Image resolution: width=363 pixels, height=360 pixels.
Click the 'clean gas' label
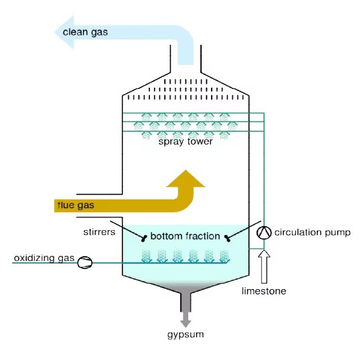85,32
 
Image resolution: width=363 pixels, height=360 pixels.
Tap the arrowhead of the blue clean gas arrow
64,32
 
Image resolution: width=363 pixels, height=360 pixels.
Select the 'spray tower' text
186,141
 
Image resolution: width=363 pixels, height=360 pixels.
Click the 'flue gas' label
76,205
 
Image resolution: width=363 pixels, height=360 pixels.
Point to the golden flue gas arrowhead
186,179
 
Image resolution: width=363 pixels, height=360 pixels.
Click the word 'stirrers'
99,232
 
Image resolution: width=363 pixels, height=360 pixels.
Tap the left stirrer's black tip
144,238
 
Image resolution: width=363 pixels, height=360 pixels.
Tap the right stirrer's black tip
227,238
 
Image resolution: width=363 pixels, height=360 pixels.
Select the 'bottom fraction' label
186,236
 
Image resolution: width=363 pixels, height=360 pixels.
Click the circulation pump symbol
264,232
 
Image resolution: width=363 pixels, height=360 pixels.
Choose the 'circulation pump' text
312,232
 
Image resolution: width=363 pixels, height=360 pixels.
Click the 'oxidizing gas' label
44,258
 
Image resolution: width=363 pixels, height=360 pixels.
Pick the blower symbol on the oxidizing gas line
85,262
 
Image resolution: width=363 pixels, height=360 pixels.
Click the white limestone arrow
264,267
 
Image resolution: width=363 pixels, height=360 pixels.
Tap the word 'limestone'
264,291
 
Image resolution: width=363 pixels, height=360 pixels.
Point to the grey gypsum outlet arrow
186,319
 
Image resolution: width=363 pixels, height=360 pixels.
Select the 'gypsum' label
186,335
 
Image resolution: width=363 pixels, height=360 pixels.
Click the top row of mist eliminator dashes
186,82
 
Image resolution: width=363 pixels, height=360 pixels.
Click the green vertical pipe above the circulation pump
264,169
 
